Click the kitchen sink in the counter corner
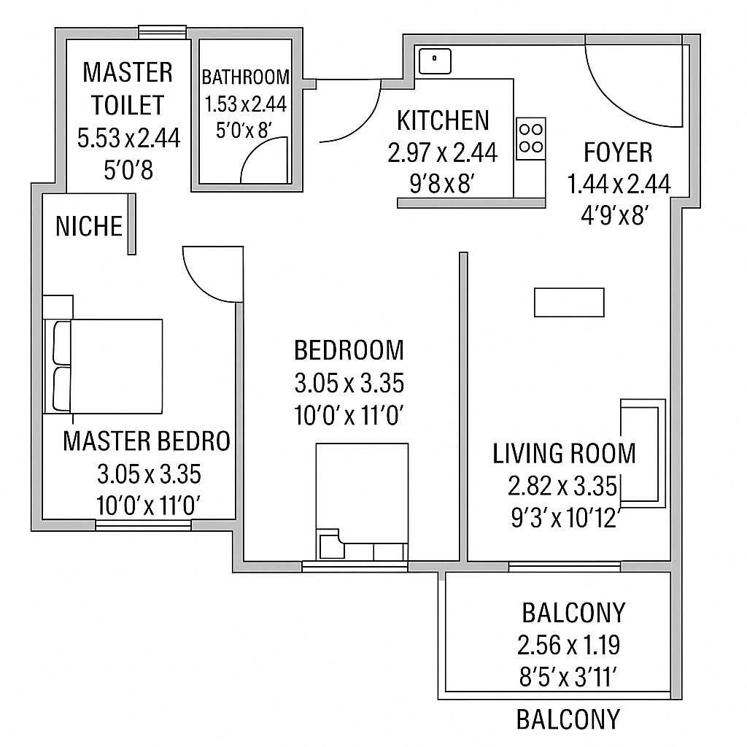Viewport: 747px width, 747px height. pyautogui.click(x=435, y=60)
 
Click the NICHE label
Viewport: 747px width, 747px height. pyautogui.click(x=89, y=226)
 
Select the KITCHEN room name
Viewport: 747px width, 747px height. pyautogui.click(x=443, y=120)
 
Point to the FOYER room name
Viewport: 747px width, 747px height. pyautogui.click(x=618, y=152)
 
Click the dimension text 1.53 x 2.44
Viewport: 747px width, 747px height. pyautogui.click(x=246, y=104)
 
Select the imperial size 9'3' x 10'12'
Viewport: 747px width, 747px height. pyautogui.click(x=565, y=518)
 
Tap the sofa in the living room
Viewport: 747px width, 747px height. pyautogui.click(x=642, y=452)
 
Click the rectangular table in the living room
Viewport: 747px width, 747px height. pyautogui.click(x=569, y=302)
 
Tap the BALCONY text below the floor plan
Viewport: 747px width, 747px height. pyautogui.click(x=568, y=719)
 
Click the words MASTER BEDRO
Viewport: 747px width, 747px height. pyautogui.click(x=147, y=441)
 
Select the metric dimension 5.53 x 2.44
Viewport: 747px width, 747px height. pyautogui.click(x=128, y=138)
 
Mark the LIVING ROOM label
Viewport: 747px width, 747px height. pyautogui.click(x=564, y=453)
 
